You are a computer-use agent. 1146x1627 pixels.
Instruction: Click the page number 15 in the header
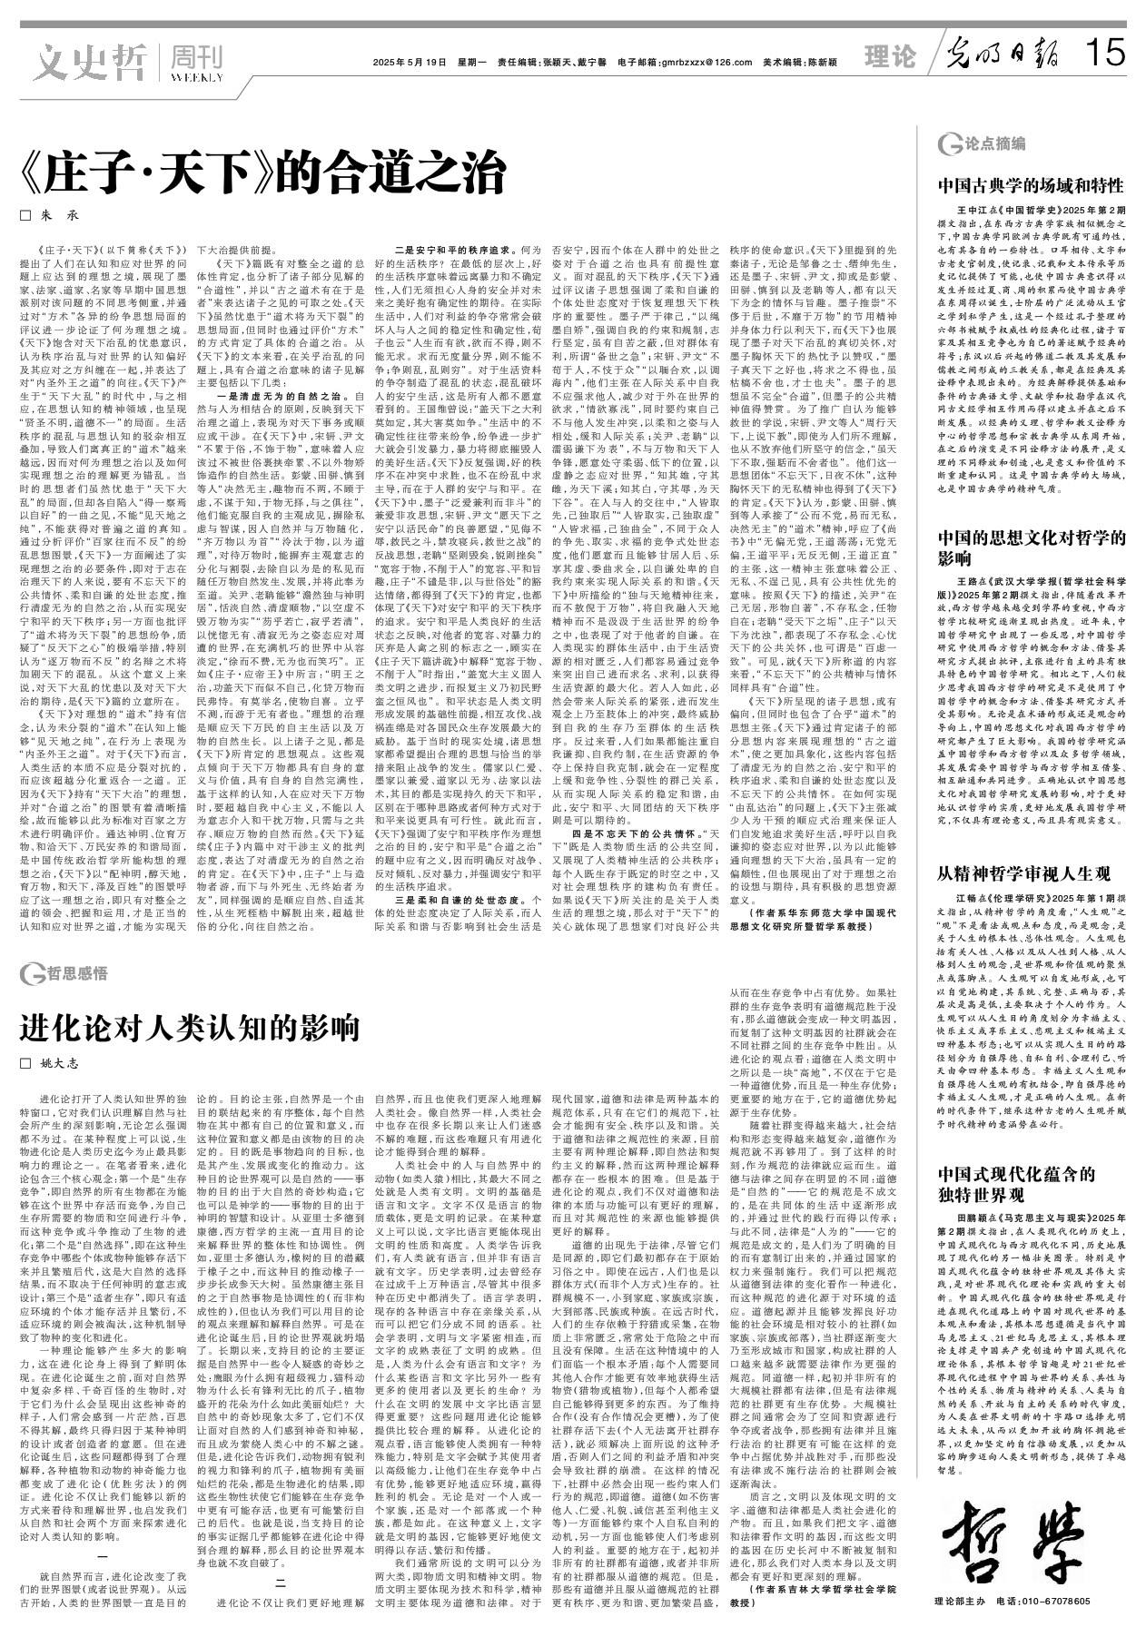click(1105, 56)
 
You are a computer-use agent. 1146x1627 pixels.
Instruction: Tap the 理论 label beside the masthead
click(890, 57)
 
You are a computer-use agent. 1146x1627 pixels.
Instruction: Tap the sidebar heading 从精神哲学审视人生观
click(1023, 874)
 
